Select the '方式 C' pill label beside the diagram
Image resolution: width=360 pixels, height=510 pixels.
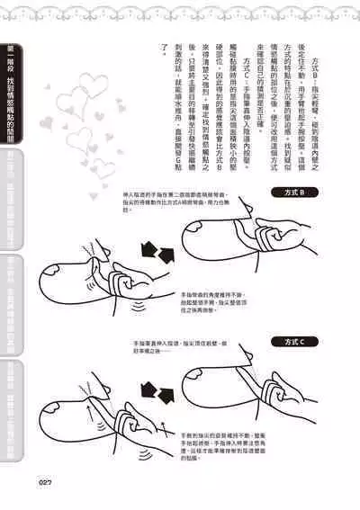point(294,342)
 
